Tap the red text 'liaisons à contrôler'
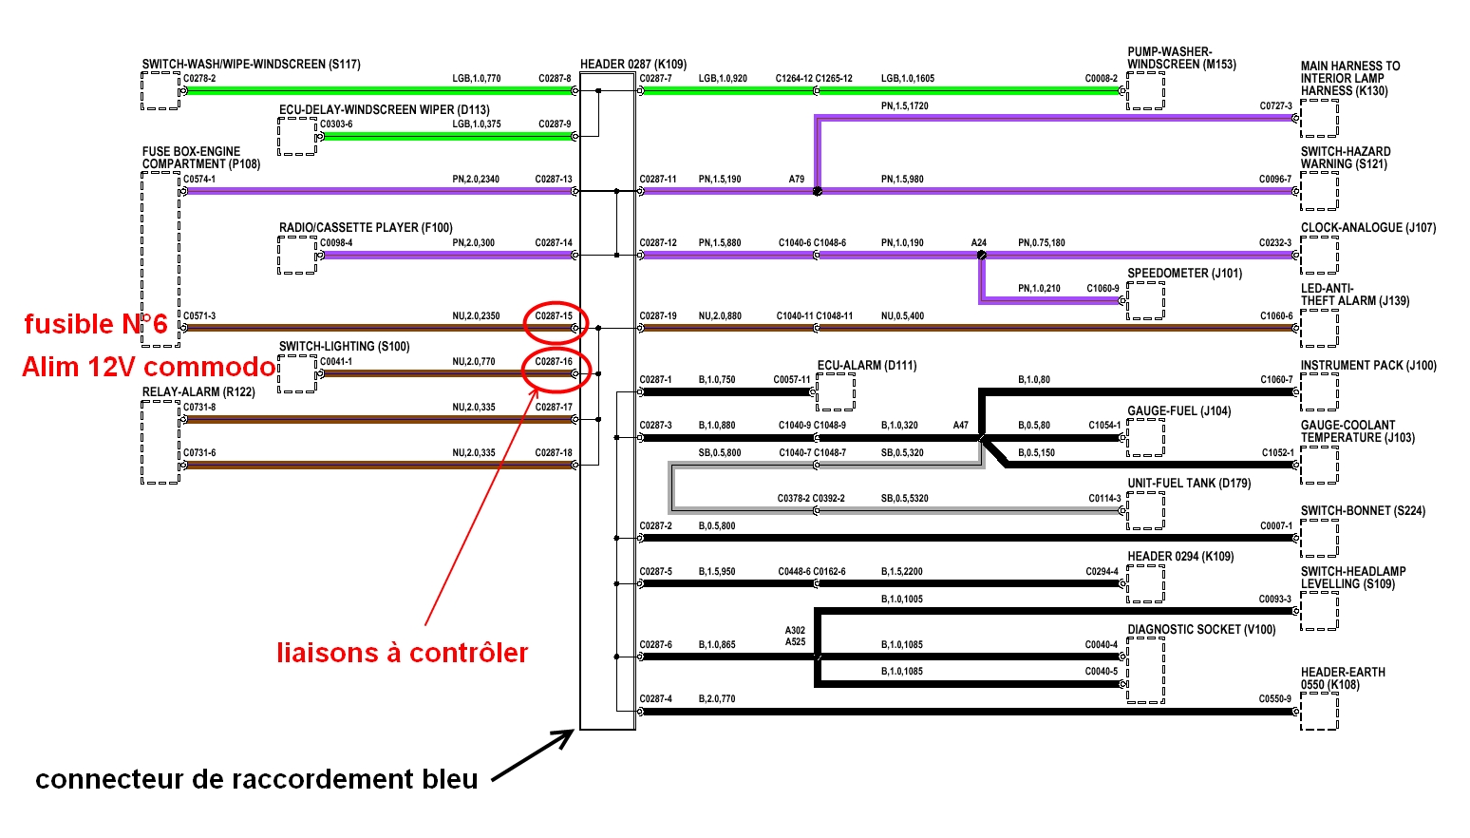click(402, 653)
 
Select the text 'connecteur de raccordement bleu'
click(256, 779)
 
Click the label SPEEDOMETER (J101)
click(1184, 274)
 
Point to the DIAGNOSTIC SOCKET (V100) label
click(1201, 630)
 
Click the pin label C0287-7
click(655, 79)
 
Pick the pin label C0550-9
click(1275, 699)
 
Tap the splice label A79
click(796, 179)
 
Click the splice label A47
click(960, 426)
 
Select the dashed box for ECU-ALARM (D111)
click(836, 391)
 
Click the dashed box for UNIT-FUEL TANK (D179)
click(1145, 510)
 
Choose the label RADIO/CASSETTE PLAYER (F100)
click(366, 228)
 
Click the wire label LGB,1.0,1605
click(907, 79)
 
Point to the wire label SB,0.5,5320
click(904, 499)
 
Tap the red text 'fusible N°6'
click(95, 325)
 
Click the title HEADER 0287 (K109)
click(633, 65)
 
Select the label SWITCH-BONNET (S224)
click(1363, 511)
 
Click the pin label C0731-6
click(199, 453)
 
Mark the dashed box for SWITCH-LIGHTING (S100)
click(297, 373)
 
